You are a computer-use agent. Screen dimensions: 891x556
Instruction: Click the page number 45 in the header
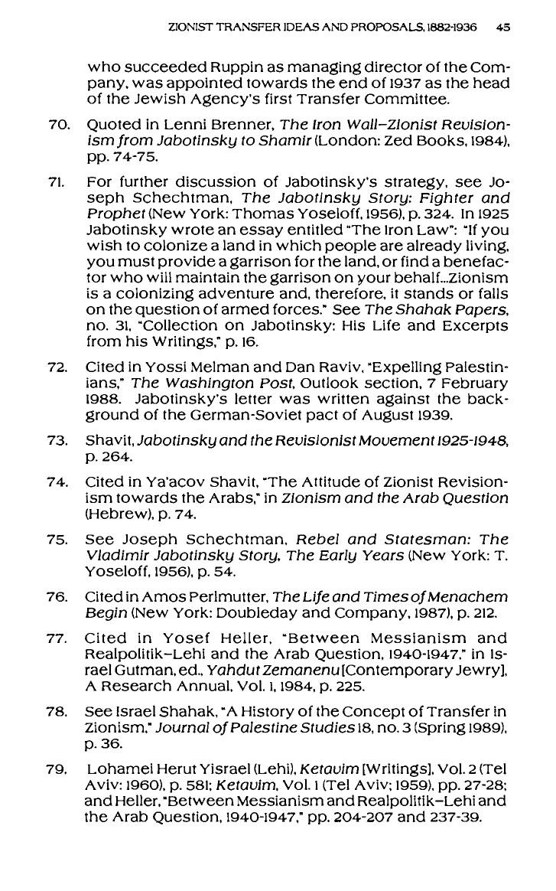(502, 26)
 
